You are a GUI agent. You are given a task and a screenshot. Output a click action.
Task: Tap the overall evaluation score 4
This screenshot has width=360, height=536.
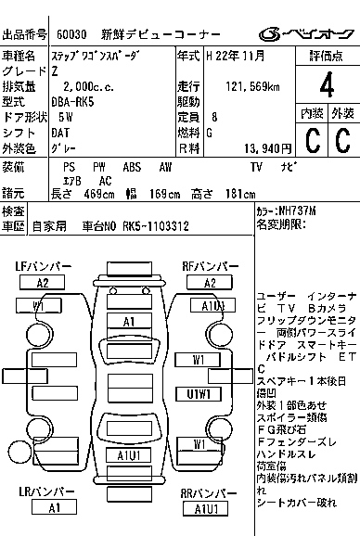click(x=326, y=90)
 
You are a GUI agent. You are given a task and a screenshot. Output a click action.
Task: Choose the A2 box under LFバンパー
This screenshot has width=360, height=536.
click(x=44, y=283)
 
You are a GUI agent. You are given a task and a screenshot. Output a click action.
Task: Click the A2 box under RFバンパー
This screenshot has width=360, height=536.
click(x=211, y=283)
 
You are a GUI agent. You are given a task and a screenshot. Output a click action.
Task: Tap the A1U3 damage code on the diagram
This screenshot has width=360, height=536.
click(x=212, y=306)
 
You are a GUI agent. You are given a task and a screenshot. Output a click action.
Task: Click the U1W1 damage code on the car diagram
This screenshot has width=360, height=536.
click(x=199, y=393)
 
